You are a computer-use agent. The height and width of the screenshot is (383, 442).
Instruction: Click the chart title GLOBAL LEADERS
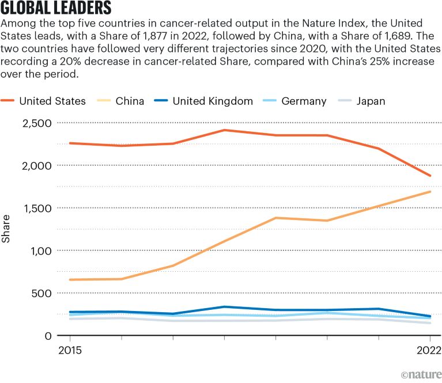click(55, 9)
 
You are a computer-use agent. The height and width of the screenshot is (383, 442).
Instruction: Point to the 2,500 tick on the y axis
click(36, 123)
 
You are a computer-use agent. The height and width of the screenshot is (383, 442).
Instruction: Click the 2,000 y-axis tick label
click(36, 165)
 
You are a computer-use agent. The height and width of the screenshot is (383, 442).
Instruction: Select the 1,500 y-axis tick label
click(36, 208)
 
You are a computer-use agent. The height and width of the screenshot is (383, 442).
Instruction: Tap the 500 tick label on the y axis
click(41, 293)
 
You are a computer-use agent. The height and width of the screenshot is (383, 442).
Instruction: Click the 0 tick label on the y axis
click(48, 336)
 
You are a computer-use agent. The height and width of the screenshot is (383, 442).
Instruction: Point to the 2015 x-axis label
click(70, 350)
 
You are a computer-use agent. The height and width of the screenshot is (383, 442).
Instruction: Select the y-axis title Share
click(7, 229)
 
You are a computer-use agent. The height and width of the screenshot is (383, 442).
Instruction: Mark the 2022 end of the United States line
click(430, 176)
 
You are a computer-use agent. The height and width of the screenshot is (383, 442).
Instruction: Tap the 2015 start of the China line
click(70, 280)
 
